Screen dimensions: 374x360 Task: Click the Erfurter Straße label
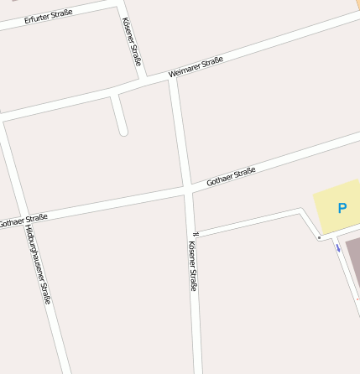[49, 14]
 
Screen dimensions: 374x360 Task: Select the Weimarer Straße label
[196, 67]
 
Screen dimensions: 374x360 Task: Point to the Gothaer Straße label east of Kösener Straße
[231, 176]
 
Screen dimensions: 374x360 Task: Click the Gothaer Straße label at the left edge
[23, 221]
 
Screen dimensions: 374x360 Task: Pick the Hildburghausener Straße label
[39, 263]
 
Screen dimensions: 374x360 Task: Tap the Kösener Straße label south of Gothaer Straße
[193, 266]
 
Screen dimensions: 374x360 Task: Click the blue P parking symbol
[342, 207]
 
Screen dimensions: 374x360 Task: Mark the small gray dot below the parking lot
[319, 237]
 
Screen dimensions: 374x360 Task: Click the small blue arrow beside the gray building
[338, 247]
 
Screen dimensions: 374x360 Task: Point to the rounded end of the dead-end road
[123, 131]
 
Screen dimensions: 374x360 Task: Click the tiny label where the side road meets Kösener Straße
[195, 233]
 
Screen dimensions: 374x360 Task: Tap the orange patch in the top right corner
[357, 3]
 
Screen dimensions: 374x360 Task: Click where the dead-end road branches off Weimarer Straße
[114, 94]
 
